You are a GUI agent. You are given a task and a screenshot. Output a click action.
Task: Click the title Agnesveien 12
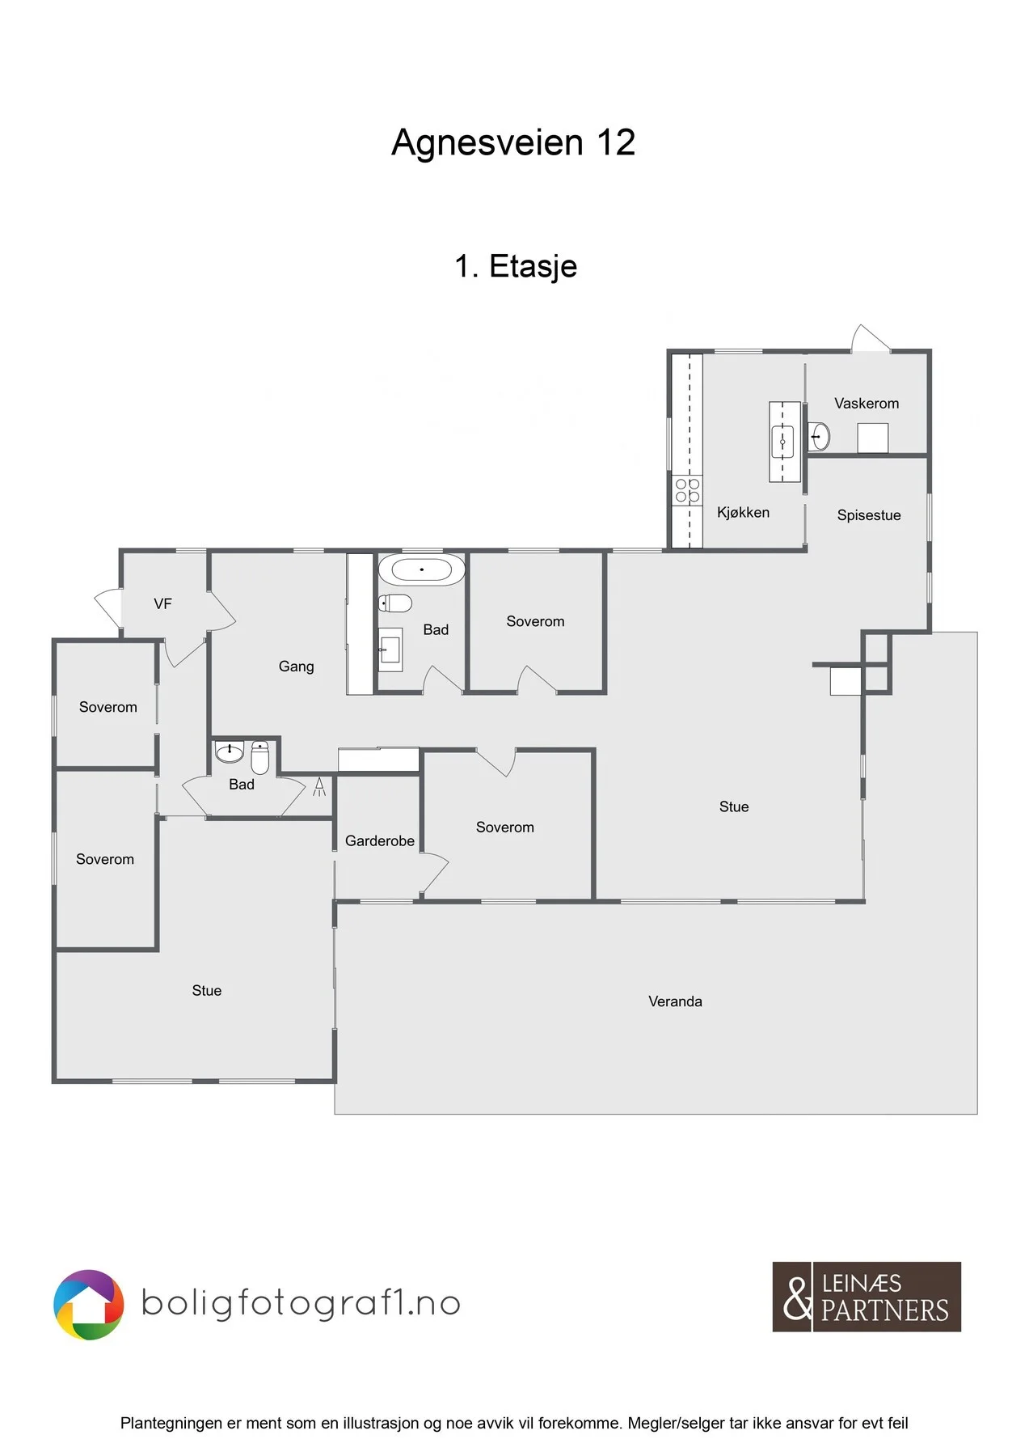513,142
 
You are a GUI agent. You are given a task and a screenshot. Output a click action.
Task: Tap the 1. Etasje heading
516,266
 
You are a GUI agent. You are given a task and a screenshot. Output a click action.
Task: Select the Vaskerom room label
867,403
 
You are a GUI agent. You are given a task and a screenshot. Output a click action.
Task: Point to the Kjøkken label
743,512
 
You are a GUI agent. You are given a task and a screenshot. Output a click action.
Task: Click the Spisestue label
869,515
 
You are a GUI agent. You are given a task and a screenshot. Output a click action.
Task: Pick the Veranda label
675,1001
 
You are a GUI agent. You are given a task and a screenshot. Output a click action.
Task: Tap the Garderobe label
380,841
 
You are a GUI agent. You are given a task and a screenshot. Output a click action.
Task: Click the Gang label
296,667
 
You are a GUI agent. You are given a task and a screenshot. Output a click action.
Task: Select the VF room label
162,603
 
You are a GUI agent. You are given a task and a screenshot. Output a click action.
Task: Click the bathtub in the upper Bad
422,569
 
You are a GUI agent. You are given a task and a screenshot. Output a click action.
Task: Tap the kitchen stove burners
688,490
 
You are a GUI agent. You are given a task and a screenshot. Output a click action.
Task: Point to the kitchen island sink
782,442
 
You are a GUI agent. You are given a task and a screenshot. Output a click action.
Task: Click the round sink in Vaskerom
819,437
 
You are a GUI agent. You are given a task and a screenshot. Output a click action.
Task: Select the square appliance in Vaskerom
873,438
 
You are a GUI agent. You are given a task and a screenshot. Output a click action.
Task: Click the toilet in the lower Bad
259,757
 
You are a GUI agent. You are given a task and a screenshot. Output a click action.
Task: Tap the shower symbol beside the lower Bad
319,786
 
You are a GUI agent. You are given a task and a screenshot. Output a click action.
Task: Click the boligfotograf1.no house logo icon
89,1305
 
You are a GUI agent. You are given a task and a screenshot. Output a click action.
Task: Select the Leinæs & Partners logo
867,1297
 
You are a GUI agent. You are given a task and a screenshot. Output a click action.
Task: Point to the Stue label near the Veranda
734,806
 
